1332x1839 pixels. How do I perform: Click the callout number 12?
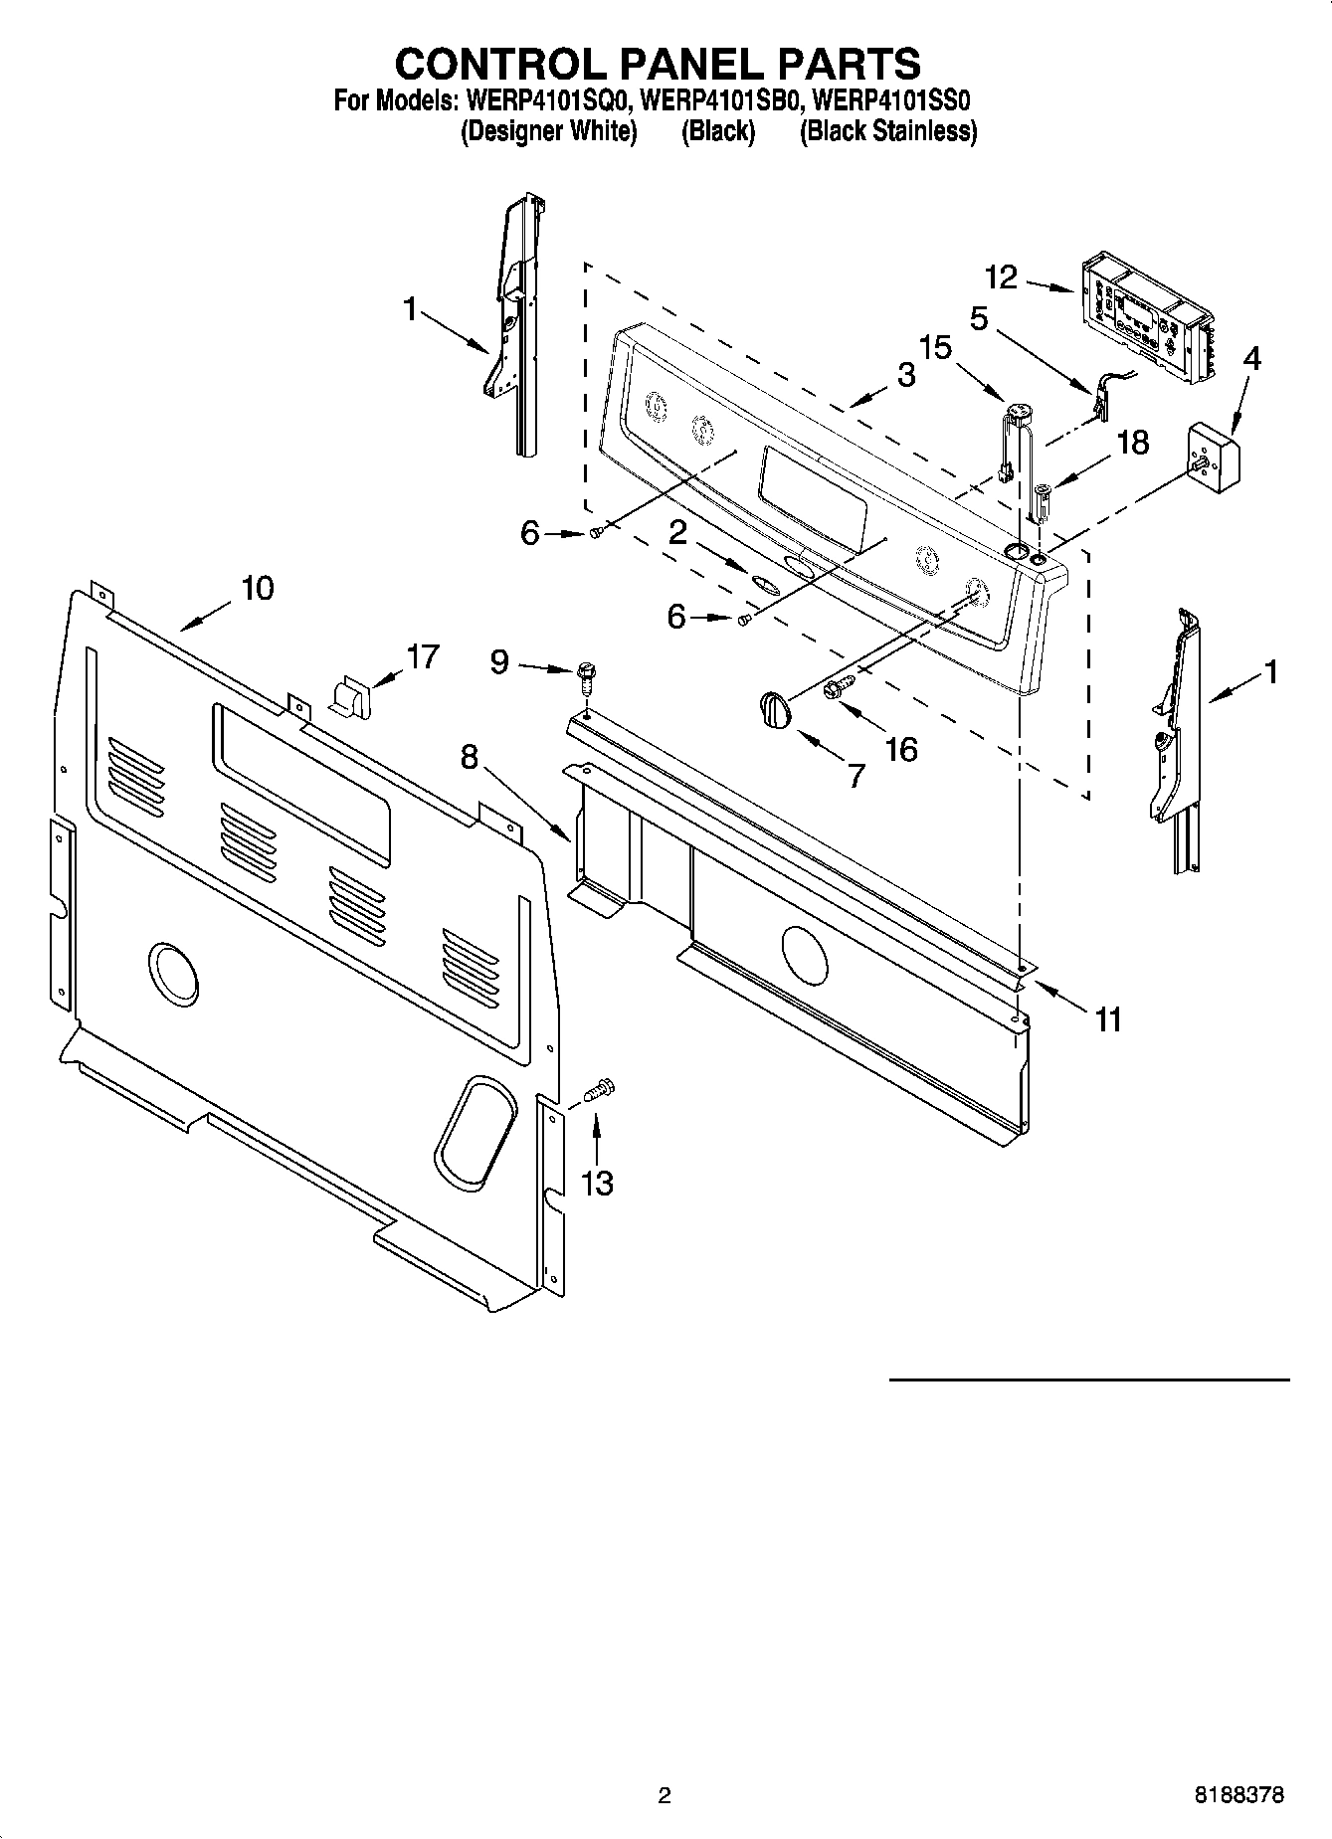pos(1002,276)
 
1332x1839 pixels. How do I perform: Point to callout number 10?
pos(257,588)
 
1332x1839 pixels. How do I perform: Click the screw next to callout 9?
pos(587,680)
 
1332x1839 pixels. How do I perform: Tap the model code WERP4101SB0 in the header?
pos(719,101)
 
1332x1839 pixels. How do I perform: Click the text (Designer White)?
pos(548,131)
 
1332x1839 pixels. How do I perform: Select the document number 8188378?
pos(1238,1795)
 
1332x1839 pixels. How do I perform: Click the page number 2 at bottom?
pos(665,1795)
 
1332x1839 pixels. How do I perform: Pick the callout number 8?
pos(469,758)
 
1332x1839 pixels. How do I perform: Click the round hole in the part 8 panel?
pos(804,955)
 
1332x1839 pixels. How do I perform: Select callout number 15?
pos(935,347)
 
